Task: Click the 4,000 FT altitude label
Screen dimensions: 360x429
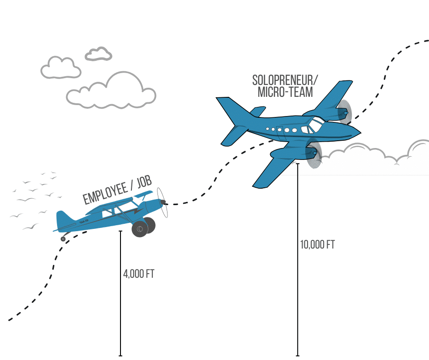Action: click(x=139, y=274)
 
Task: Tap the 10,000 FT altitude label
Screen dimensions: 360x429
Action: click(x=317, y=245)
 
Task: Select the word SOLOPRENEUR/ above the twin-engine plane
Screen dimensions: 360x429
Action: click(x=285, y=80)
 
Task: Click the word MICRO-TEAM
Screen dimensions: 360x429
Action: click(x=285, y=92)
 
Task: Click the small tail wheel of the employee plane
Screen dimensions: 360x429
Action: click(x=63, y=239)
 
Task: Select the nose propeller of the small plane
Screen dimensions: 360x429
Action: click(x=162, y=202)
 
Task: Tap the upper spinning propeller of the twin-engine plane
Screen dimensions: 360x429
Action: click(x=345, y=112)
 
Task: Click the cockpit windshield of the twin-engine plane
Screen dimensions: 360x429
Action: click(x=316, y=122)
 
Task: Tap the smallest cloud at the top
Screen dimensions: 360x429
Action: click(x=99, y=54)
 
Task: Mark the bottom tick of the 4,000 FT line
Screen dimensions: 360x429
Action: click(x=120, y=355)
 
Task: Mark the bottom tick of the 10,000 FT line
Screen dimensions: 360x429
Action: click(x=298, y=355)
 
